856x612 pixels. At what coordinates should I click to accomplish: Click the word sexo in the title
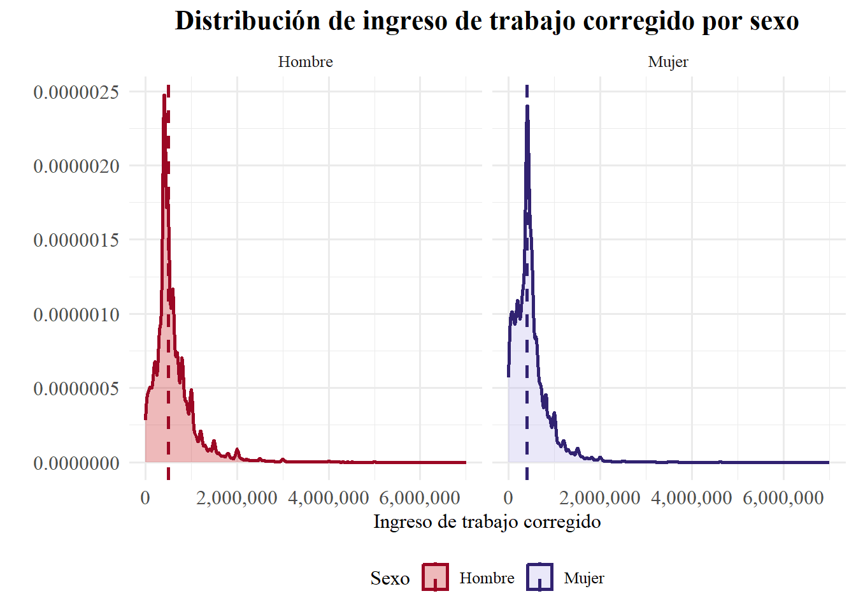(x=774, y=21)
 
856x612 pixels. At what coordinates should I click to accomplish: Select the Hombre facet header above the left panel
(x=305, y=62)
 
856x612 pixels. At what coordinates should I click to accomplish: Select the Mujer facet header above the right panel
(x=668, y=62)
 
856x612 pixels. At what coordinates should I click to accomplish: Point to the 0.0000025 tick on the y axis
(x=76, y=92)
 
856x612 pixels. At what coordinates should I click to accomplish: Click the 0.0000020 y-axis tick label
(x=76, y=166)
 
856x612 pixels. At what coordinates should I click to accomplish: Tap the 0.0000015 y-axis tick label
(x=76, y=240)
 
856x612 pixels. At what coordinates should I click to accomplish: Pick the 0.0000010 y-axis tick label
(x=76, y=314)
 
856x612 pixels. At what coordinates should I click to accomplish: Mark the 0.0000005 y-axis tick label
(x=76, y=388)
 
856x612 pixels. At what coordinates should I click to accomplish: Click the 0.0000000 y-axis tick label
(x=76, y=463)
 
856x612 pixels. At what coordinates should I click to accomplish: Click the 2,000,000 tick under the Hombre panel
(x=237, y=498)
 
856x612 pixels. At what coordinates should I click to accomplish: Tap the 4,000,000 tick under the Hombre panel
(x=329, y=498)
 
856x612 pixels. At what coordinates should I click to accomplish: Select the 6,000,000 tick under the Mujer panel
(x=783, y=498)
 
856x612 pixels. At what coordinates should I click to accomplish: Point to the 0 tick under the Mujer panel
(x=508, y=498)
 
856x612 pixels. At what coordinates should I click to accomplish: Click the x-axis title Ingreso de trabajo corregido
(x=487, y=522)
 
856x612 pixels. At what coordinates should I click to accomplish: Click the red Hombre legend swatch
(x=435, y=578)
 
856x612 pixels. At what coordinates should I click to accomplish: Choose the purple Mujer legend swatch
(x=539, y=578)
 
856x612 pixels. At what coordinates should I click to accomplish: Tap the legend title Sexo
(x=390, y=578)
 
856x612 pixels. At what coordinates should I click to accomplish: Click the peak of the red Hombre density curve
(x=164, y=96)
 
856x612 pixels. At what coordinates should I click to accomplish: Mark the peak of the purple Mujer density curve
(x=527, y=106)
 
